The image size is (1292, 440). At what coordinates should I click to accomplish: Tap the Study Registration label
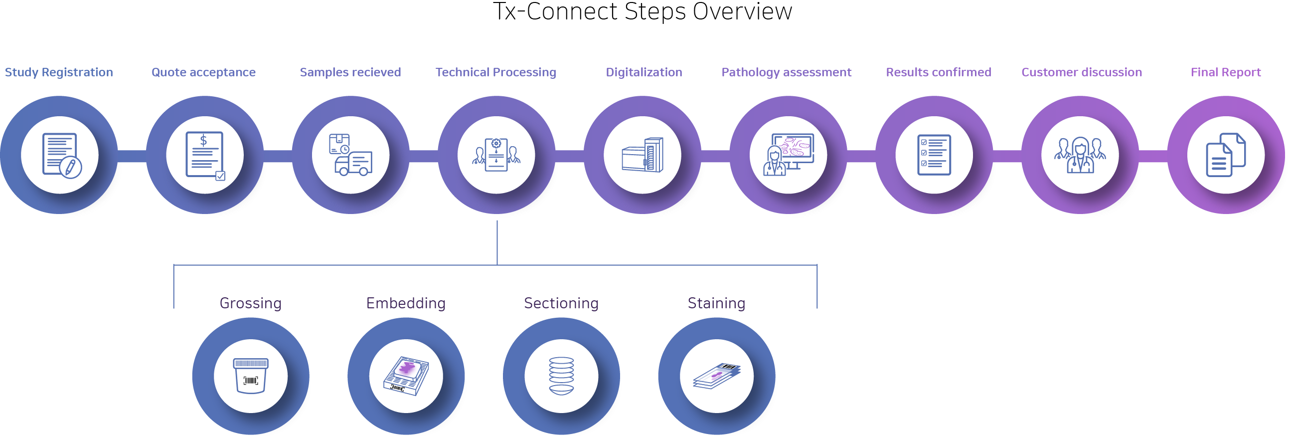click(x=59, y=72)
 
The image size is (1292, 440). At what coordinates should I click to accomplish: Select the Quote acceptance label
click(x=203, y=72)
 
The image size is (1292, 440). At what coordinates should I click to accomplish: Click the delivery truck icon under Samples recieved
click(x=350, y=155)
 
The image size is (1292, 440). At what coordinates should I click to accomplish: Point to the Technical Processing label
click(x=495, y=72)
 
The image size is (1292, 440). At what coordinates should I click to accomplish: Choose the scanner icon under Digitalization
click(x=643, y=155)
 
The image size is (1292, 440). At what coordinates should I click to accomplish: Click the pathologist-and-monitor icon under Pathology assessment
click(x=789, y=155)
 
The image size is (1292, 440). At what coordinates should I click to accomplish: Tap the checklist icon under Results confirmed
click(x=934, y=155)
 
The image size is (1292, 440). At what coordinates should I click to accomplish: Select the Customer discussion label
click(x=1081, y=72)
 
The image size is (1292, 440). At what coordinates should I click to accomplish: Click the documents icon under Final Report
click(x=1225, y=155)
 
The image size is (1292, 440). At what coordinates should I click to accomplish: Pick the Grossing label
click(x=250, y=303)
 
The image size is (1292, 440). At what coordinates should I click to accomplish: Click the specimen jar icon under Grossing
click(x=251, y=376)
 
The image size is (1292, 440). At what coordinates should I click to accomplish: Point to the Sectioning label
click(x=561, y=303)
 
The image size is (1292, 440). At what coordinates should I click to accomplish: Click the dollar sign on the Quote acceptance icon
click(x=204, y=141)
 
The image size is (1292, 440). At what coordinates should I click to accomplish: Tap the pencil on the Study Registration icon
click(x=71, y=167)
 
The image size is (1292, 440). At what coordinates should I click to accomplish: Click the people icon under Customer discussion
click(x=1080, y=155)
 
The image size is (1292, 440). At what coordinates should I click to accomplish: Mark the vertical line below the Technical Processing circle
click(x=497, y=242)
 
